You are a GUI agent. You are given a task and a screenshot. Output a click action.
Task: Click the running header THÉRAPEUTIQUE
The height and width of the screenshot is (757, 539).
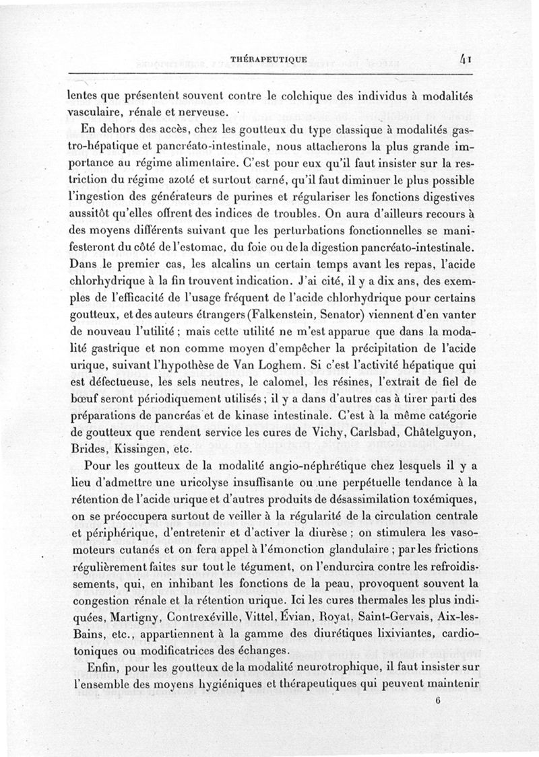click(269, 59)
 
